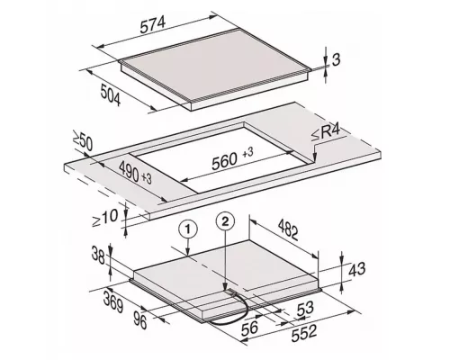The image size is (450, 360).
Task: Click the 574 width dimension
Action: (153, 24)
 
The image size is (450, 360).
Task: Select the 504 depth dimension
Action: (111, 95)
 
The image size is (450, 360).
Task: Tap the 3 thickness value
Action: (337, 59)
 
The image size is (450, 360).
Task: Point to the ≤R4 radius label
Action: (326, 133)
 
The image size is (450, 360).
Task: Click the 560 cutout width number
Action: (224, 162)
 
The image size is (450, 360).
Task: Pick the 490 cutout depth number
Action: (129, 171)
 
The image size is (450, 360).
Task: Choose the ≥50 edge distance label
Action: (83, 143)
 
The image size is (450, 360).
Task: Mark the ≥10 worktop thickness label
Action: (104, 218)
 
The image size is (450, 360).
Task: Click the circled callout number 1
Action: (188, 229)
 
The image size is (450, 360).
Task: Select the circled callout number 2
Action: (225, 221)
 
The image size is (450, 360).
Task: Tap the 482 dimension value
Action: (288, 229)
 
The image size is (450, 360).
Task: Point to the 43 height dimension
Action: (357, 269)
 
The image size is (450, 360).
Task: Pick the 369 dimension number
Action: (113, 302)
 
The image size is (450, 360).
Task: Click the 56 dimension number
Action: (249, 327)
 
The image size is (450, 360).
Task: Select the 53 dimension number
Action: (305, 308)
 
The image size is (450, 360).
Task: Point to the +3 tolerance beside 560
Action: (247, 153)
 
